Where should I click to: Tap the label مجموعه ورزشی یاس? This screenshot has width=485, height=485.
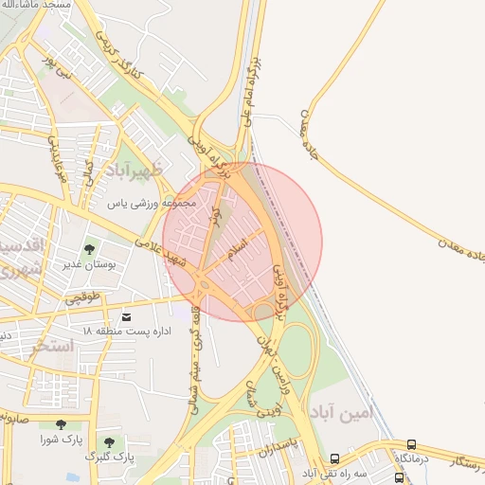151,202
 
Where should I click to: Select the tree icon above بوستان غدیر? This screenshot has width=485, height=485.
90,250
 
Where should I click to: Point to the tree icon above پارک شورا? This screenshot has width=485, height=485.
63,425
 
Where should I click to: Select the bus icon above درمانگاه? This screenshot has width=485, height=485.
411,444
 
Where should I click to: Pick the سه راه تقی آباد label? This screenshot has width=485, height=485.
334,472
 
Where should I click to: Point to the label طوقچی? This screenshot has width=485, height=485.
81,297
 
